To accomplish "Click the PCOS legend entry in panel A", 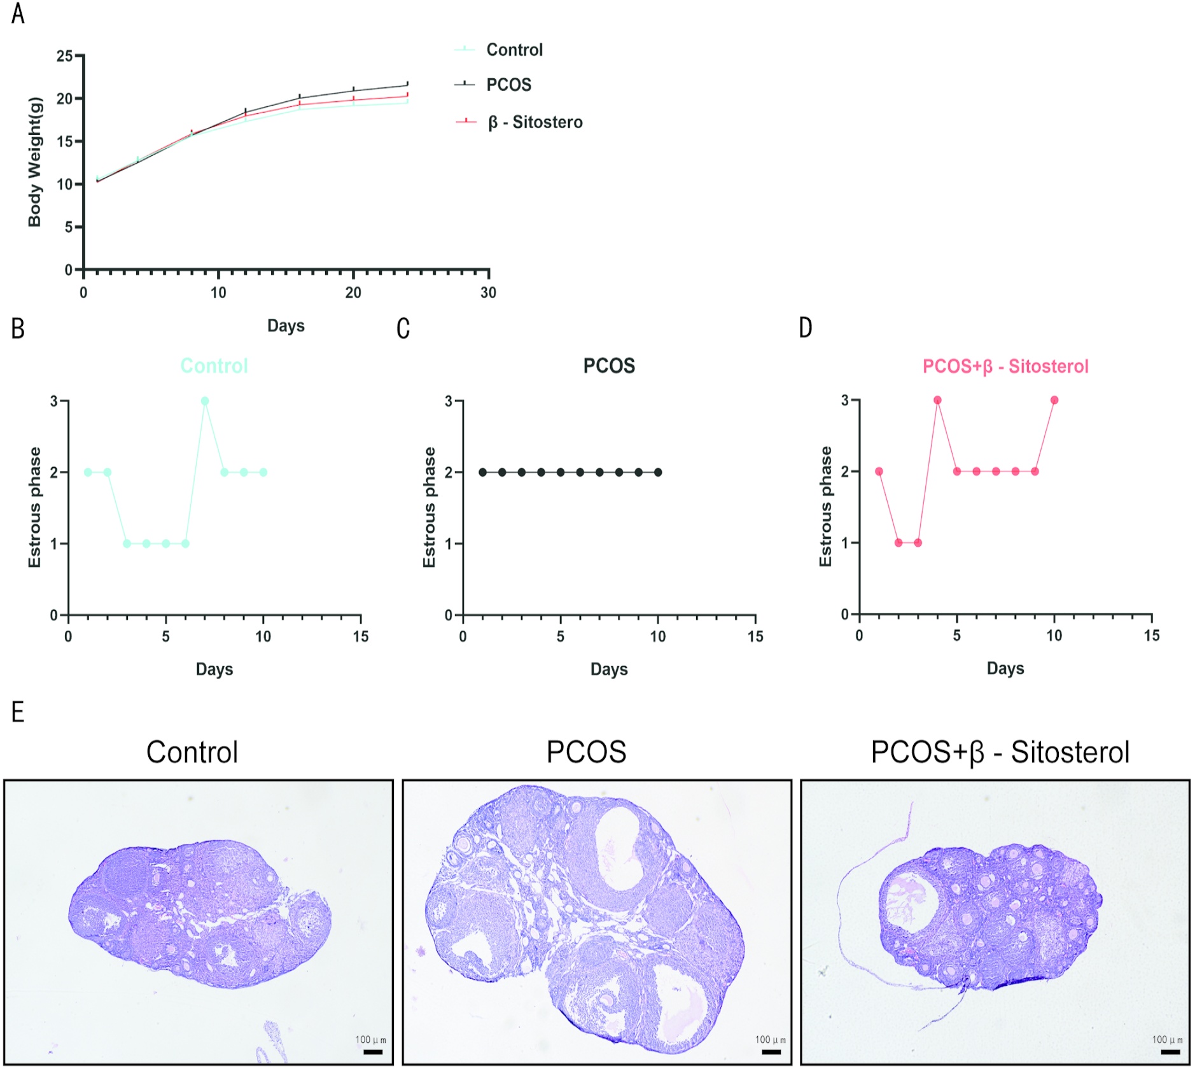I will coord(508,85).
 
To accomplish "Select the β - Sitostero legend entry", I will coord(535,122).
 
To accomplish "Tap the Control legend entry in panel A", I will coord(514,50).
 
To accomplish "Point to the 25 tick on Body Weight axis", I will coord(65,56).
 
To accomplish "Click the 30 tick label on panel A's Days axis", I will coord(488,293).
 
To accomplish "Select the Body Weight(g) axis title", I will coord(34,162).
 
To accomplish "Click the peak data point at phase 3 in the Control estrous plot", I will coord(205,401).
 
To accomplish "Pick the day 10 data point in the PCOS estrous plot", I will coord(658,472).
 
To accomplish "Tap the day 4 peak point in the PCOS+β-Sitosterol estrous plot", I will coord(937,400).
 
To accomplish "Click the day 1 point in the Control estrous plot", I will coord(88,472).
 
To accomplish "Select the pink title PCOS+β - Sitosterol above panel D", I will coord(1005,367).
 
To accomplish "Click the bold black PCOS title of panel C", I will coord(609,366).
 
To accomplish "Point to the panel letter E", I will coord(18,711).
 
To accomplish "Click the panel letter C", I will coord(403,328).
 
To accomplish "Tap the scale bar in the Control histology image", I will coord(373,1052).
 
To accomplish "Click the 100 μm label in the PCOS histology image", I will coord(770,1039).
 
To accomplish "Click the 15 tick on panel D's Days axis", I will coord(1152,635).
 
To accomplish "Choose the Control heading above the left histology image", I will coord(192,752).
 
